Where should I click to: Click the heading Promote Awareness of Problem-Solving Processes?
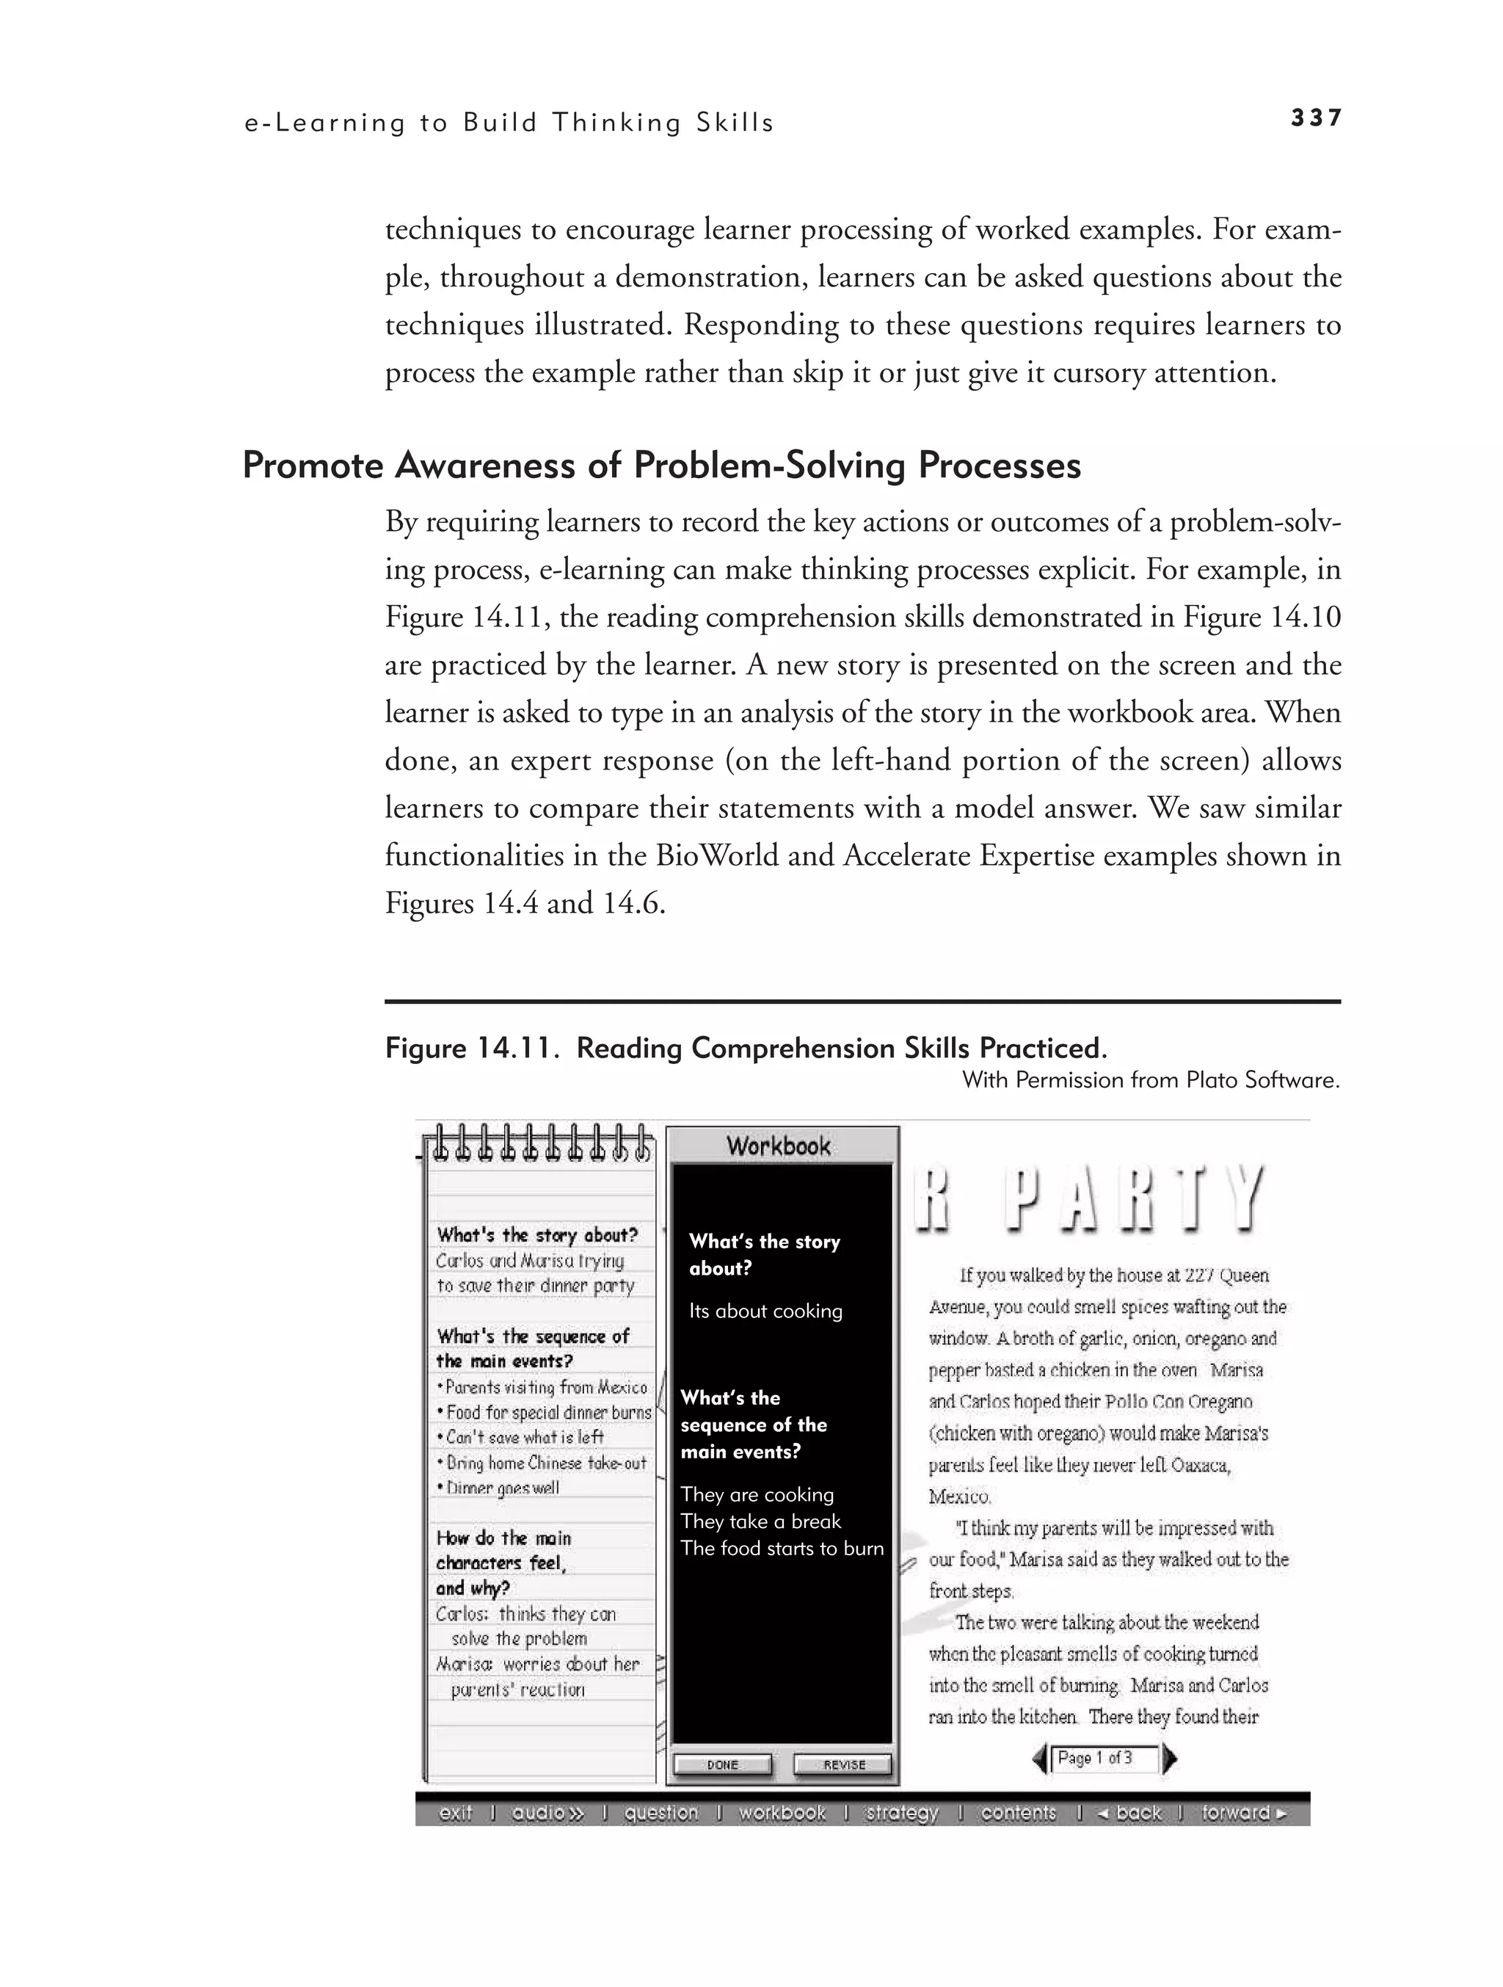click(662, 466)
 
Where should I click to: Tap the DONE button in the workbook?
click(722, 1765)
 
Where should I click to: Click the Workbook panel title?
click(779, 1146)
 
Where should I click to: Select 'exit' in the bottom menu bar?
click(455, 1813)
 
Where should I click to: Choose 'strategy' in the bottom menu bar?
click(901, 1813)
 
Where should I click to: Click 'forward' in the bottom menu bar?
click(1243, 1813)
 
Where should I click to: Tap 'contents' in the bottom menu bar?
click(1018, 1813)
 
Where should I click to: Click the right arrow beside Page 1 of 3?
click(1169, 1759)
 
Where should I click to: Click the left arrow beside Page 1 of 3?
click(1040, 1759)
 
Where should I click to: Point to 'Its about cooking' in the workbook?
click(765, 1311)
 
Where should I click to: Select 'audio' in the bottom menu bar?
click(547, 1813)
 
